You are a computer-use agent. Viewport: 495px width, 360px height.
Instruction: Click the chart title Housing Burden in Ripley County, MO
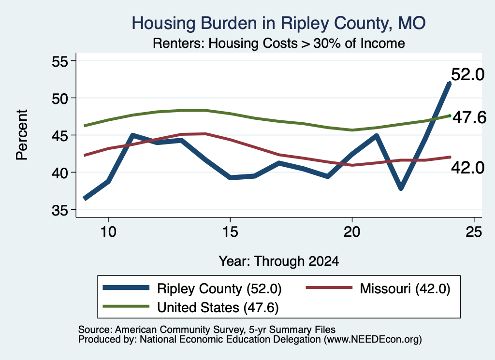coord(278,23)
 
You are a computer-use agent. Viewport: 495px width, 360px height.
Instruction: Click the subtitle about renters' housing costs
coord(279,43)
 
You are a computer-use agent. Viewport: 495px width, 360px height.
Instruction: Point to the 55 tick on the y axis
coord(60,61)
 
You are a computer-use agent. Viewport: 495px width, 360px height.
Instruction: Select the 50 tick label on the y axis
coord(60,99)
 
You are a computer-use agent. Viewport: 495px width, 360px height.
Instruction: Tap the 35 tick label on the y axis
coord(60,210)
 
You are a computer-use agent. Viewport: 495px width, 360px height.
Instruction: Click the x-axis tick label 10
coord(108,232)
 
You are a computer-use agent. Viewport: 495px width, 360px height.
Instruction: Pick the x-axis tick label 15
coord(230,232)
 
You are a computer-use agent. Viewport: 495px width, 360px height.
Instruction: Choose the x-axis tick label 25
coord(474,232)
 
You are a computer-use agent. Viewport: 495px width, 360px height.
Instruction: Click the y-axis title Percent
coord(22,135)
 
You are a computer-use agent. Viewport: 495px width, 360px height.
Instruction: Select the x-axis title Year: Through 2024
coord(279,261)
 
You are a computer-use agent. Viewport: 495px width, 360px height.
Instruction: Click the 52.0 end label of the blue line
coord(467,75)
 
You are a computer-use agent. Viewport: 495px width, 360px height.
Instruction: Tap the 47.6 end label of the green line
coord(469,118)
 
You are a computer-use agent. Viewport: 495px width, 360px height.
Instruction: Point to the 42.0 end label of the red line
coord(467,168)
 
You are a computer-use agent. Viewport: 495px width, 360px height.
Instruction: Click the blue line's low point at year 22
coord(401,188)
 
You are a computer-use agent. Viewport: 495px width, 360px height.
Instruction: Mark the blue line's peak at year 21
coord(376,136)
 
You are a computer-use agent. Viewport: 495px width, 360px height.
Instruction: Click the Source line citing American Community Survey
coord(207,330)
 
